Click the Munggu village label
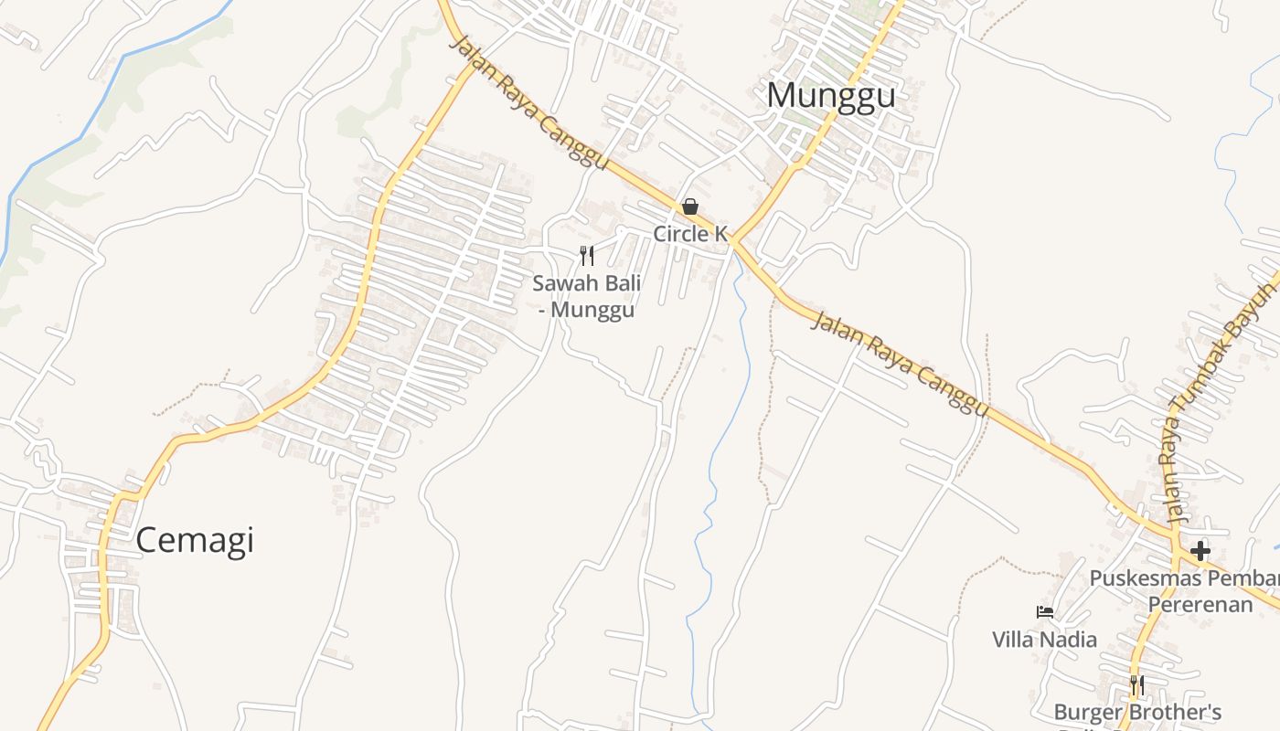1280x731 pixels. (830, 96)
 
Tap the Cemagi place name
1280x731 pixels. (195, 541)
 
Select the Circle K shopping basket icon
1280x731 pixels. (690, 207)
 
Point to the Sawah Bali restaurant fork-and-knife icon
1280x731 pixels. (587, 256)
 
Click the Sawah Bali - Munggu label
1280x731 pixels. (587, 296)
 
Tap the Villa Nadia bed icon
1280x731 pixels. (1044, 611)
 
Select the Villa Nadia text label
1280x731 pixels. (1045, 639)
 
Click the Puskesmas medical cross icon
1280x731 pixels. (1200, 551)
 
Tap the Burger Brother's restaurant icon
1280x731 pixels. (1136, 685)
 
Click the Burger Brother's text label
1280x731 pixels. (1137, 712)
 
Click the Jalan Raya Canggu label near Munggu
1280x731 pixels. (530, 102)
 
